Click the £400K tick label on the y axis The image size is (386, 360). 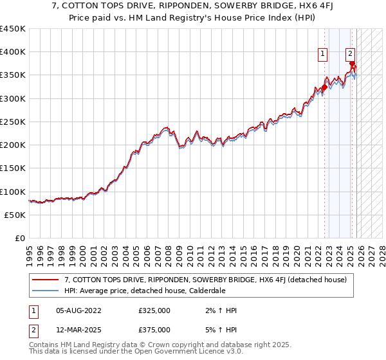tap(13, 52)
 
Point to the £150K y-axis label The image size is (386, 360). tap(13, 168)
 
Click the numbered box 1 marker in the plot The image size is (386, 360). tap(322, 54)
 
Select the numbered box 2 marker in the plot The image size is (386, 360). tap(350, 54)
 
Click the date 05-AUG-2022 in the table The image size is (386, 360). tap(78, 310)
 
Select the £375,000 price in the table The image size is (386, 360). tap(154, 329)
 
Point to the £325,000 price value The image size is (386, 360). tap(154, 310)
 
